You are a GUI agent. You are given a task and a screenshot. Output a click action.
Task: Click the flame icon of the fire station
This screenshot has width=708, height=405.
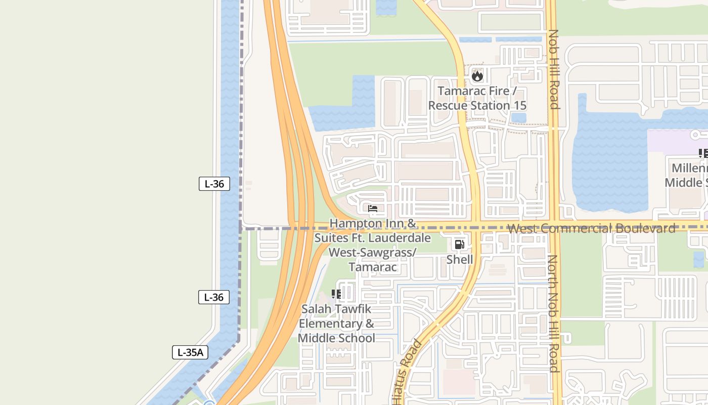[477, 76]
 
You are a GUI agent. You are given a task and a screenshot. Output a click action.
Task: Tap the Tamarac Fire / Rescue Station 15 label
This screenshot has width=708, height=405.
[477, 98]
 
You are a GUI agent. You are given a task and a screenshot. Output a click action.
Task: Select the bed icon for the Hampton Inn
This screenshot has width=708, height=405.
[373, 209]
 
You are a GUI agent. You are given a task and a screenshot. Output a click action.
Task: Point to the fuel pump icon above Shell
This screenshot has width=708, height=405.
[459, 245]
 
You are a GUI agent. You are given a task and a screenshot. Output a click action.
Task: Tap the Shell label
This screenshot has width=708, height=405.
[459, 260]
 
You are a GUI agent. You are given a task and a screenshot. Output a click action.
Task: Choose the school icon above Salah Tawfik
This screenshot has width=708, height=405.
[336, 294]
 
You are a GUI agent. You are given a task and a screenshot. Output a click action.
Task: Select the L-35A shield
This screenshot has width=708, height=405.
[190, 352]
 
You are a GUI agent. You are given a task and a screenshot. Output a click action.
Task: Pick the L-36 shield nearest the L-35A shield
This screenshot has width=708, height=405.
[213, 297]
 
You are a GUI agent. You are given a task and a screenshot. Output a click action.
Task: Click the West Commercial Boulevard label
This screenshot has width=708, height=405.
[591, 228]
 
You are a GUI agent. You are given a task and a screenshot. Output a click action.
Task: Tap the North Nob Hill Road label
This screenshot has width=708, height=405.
[553, 313]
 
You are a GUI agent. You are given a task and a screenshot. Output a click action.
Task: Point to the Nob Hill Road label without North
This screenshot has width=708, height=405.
[554, 69]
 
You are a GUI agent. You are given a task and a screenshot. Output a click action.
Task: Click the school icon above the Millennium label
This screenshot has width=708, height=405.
[703, 153]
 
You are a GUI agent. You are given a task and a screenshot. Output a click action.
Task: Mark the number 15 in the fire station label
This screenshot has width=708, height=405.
[518, 105]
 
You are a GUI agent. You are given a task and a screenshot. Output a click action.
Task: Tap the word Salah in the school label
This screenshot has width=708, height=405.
[316, 309]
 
